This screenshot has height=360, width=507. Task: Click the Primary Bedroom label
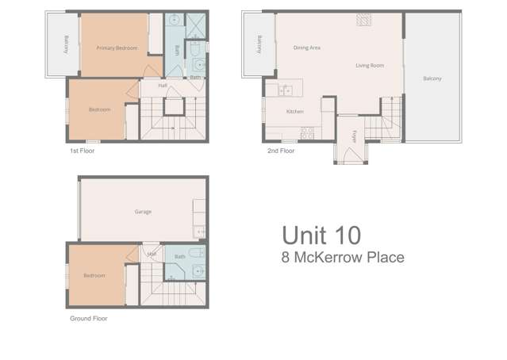pos(117,48)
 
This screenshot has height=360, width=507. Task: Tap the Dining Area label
pos(307,48)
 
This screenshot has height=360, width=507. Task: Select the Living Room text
pos(370,66)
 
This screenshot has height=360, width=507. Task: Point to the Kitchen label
pos(294,112)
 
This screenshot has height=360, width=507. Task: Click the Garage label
pos(143,212)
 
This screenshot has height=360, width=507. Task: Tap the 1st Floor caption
pos(81,149)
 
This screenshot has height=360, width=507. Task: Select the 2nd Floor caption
pos(282,149)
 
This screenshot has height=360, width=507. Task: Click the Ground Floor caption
pos(88,318)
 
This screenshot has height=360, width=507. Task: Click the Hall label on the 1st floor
pos(162,86)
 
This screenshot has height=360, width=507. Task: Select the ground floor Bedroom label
pos(94,276)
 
